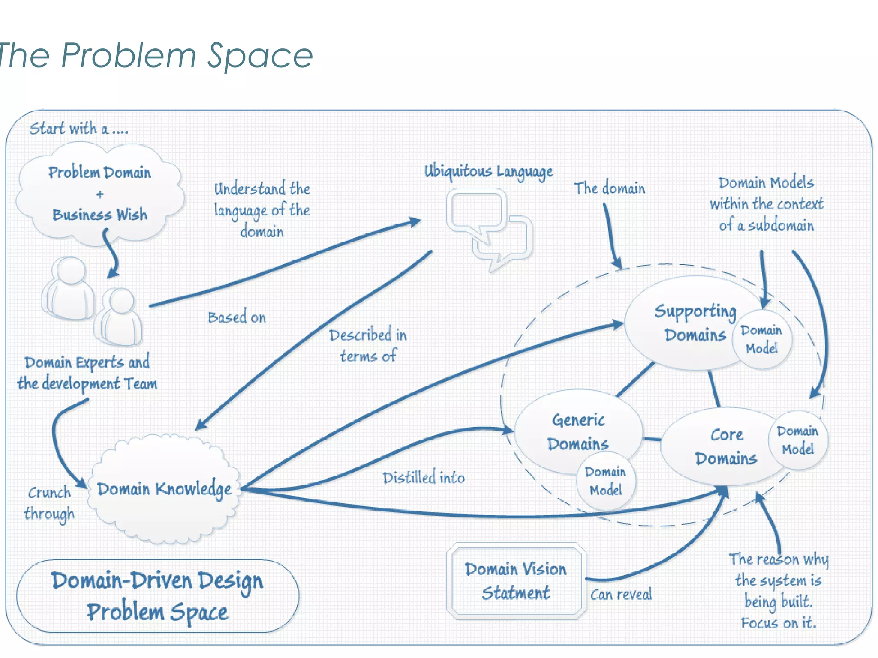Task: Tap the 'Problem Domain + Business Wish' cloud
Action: click(99, 194)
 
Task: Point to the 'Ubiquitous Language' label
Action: click(488, 171)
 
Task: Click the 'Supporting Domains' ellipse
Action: click(686, 323)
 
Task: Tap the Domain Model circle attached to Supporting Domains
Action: click(761, 339)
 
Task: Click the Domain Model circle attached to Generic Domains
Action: click(605, 481)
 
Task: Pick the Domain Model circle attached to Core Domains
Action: click(797, 440)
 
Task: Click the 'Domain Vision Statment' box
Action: click(516, 581)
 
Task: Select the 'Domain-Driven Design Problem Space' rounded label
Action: click(157, 596)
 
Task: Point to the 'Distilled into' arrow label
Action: click(424, 478)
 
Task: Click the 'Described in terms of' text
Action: click(368, 345)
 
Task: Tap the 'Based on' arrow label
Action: click(237, 317)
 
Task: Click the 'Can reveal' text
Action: click(621, 594)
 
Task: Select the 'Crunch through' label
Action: click(49, 503)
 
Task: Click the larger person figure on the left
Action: click(69, 289)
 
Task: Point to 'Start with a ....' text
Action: click(79, 129)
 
